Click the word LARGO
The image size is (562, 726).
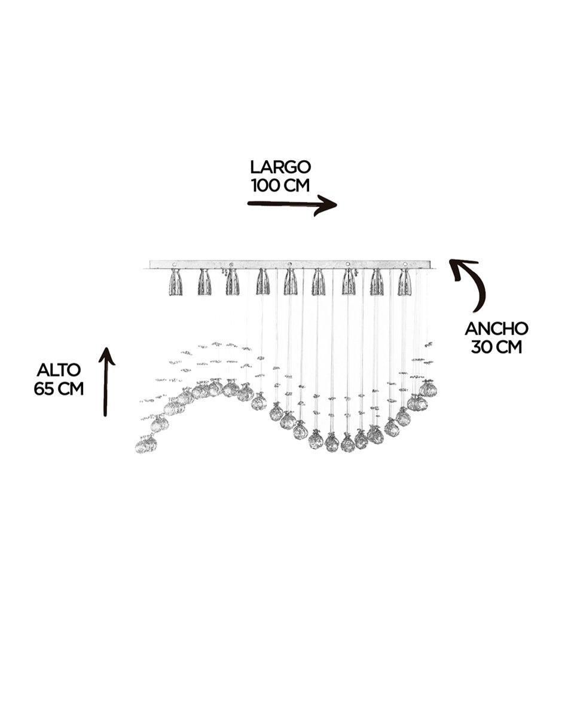pyautogui.click(x=280, y=167)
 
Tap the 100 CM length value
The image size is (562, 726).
pyautogui.click(x=280, y=185)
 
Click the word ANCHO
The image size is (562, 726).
pyautogui.click(x=496, y=329)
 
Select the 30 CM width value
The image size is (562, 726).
pyautogui.click(x=496, y=347)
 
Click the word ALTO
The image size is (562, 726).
pyautogui.click(x=59, y=371)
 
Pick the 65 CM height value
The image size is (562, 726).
pyautogui.click(x=59, y=389)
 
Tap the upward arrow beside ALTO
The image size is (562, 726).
pyautogui.click(x=106, y=382)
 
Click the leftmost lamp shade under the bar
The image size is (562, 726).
pyautogui.click(x=175, y=282)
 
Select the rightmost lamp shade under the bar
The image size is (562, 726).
pyautogui.click(x=405, y=282)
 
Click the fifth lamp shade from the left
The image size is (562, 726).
pyautogui.click(x=291, y=282)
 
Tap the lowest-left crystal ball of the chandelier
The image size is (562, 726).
pyautogui.click(x=146, y=445)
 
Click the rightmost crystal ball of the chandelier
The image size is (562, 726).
pyautogui.click(x=429, y=389)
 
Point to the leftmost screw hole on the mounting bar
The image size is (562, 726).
pyautogui.click(x=173, y=265)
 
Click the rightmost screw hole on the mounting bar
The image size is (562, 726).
pyautogui.click(x=405, y=264)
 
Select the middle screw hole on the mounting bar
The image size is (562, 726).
pyautogui.click(x=290, y=264)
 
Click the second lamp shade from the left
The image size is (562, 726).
pyautogui.click(x=204, y=282)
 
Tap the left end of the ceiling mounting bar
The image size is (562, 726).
pyautogui.click(x=150, y=264)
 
